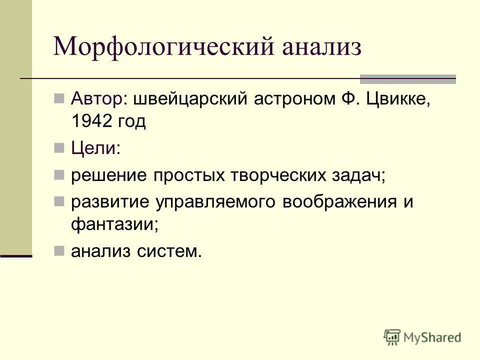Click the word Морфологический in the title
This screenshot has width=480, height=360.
(x=164, y=48)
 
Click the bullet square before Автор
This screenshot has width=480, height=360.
(x=59, y=97)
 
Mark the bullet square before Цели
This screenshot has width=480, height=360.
(x=59, y=148)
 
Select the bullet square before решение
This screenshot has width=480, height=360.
(x=59, y=175)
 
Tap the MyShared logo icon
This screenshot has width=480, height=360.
(x=392, y=337)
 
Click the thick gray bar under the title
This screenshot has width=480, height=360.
(x=408, y=79)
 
